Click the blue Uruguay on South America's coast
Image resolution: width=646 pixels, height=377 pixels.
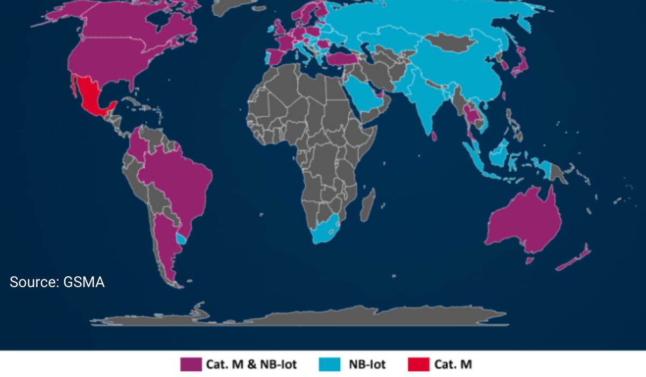[182, 237]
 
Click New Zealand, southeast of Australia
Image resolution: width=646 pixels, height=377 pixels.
[574, 259]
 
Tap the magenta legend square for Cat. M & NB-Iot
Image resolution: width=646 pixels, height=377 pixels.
[189, 365]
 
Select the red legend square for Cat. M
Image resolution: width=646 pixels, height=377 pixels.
[419, 365]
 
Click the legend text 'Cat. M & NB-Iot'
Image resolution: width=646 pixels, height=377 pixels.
[250, 365]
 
